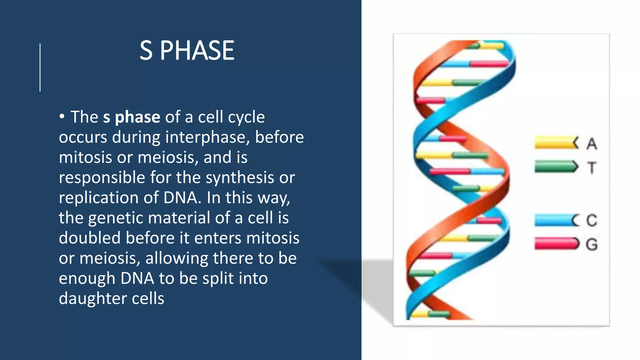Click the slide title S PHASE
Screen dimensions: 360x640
187,51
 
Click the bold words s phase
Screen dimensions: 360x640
132,117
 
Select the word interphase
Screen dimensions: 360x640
207,137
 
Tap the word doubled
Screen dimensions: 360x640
90,238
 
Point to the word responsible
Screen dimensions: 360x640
102,177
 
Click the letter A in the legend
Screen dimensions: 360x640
591,144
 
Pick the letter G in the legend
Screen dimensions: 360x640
591,244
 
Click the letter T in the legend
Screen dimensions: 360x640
591,167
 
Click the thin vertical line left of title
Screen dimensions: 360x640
40,67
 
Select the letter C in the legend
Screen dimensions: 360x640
591,220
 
